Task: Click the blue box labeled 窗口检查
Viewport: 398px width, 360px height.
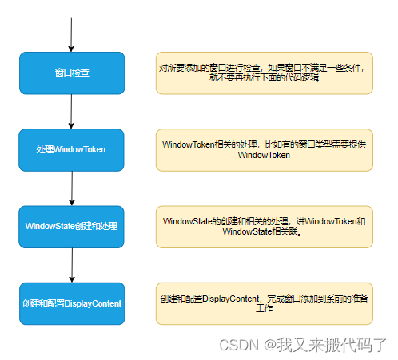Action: [x=72, y=73]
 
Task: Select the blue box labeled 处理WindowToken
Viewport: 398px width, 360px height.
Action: [x=72, y=149]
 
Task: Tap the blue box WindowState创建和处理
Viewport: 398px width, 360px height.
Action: [x=72, y=226]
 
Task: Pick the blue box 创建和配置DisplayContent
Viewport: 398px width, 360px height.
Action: [x=72, y=303]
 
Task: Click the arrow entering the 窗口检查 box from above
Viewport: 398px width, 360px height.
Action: [x=72, y=32]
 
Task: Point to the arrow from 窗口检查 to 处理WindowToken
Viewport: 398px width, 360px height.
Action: [x=72, y=111]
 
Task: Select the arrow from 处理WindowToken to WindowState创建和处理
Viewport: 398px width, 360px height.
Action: [x=72, y=188]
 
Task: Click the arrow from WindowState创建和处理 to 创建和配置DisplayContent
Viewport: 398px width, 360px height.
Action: [x=72, y=264]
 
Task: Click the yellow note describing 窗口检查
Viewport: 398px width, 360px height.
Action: [x=265, y=73]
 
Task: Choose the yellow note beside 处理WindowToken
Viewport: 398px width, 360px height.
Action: [x=265, y=149]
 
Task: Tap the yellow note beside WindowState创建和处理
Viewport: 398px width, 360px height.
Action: [x=265, y=226]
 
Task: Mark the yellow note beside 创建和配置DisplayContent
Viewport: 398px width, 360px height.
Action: [x=265, y=303]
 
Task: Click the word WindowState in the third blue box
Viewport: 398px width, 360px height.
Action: [x=50, y=227]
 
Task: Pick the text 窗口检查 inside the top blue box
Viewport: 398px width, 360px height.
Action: [x=72, y=73]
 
